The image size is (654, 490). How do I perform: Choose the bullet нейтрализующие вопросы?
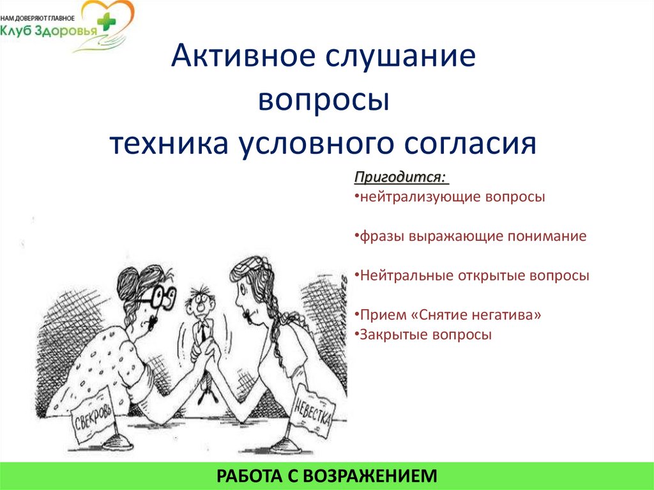point(450,197)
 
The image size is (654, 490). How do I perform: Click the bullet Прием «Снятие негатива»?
point(450,315)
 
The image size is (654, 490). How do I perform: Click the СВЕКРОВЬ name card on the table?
point(94,416)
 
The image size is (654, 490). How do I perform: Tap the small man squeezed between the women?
point(201,319)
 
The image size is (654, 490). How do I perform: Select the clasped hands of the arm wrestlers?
point(208,351)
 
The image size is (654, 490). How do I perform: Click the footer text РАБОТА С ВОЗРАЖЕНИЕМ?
point(327,475)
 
